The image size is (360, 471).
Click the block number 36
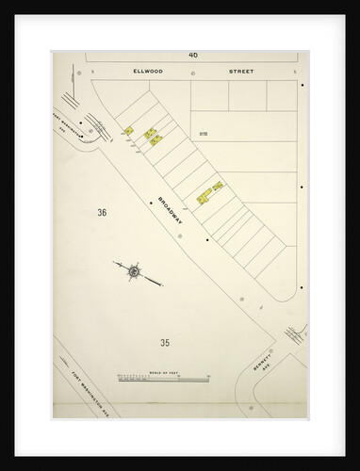click(x=102, y=213)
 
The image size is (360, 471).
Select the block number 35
click(x=165, y=342)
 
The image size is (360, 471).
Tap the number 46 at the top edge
click(x=193, y=55)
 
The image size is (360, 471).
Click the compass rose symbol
click(x=135, y=272)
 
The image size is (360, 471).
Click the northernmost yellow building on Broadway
click(x=127, y=130)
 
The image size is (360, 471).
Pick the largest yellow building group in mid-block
click(x=209, y=192)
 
